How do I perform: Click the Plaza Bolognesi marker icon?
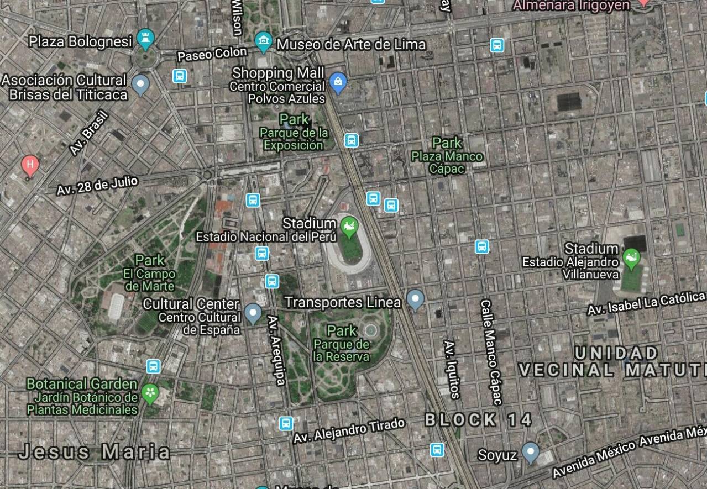146,39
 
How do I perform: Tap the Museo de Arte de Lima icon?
264,41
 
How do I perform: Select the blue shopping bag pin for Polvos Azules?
337,82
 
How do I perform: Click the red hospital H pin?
30,165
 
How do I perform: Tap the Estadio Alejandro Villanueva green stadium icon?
631,257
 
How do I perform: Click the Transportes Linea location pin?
415,300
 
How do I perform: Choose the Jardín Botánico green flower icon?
149,393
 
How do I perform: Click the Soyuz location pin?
531,452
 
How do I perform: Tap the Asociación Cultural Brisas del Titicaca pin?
141,84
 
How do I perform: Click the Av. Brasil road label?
89,133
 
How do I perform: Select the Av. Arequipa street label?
276,350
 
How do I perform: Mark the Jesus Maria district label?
95,452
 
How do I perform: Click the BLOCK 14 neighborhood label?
478,420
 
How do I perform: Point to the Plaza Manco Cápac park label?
447,156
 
